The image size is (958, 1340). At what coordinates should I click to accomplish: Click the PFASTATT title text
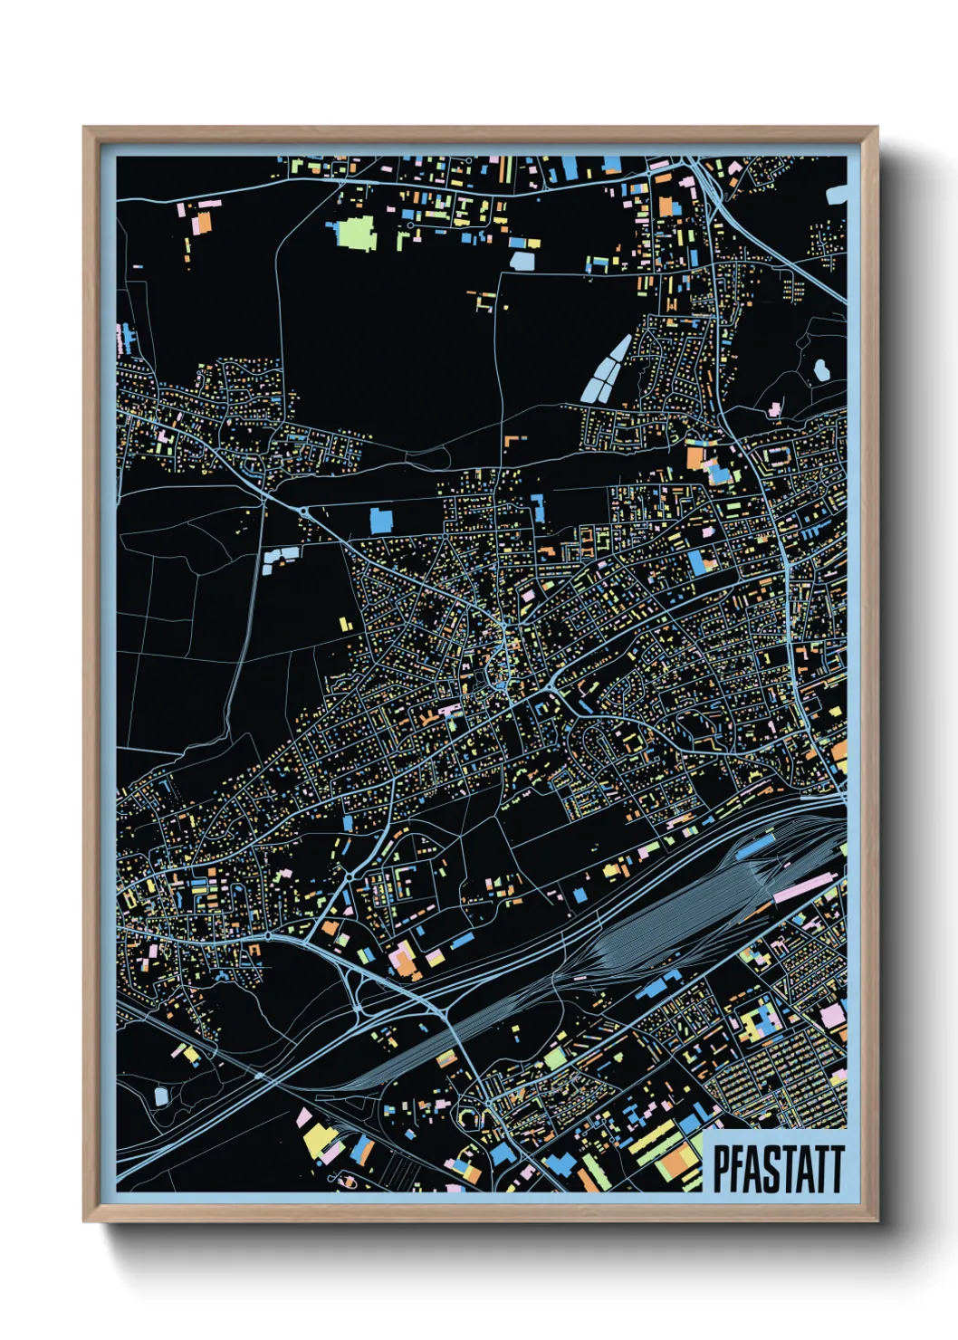[778, 1168]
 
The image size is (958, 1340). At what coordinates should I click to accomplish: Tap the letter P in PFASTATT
[721, 1168]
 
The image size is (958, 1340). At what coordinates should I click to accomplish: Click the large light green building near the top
[356, 232]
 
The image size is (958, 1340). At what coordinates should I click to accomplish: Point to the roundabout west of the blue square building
[302, 511]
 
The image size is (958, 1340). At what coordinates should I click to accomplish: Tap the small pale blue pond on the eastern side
[821, 368]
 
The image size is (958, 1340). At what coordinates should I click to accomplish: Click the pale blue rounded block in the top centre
[523, 261]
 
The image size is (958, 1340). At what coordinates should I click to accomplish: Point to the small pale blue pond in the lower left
[161, 1096]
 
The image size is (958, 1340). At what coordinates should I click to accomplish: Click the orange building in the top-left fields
[204, 223]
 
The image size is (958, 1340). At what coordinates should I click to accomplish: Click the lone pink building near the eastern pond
[775, 408]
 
